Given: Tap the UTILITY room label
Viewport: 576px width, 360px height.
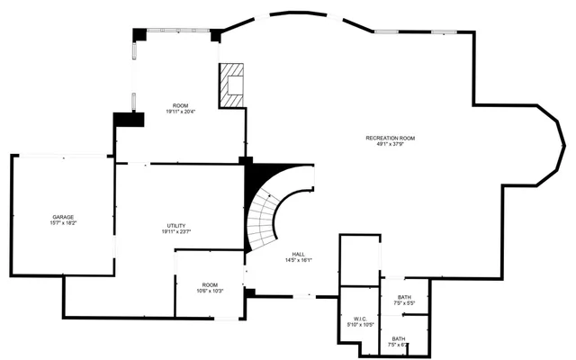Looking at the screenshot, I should pyautogui.click(x=176, y=225).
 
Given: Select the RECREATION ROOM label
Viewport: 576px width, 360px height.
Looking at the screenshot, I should pyautogui.click(x=390, y=137).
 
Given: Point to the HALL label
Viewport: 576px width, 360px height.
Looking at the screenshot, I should pyautogui.click(x=298, y=254).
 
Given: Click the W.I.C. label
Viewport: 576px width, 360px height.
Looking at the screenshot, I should pyautogui.click(x=359, y=318).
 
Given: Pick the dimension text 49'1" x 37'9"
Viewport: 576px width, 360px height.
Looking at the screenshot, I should pyautogui.click(x=390, y=144).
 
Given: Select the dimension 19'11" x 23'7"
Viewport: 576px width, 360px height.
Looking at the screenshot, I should pyautogui.click(x=176, y=232).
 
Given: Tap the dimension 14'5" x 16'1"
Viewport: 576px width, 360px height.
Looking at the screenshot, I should pyautogui.click(x=298, y=261).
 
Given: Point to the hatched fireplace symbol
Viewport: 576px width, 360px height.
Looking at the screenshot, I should pyautogui.click(x=232, y=84).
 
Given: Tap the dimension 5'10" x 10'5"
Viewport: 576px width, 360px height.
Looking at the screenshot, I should pyautogui.click(x=359, y=325).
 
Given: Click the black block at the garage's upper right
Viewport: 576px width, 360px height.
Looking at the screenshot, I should pyautogui.click(x=123, y=121).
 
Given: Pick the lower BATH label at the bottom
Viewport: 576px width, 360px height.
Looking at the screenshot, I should pyautogui.click(x=397, y=338).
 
